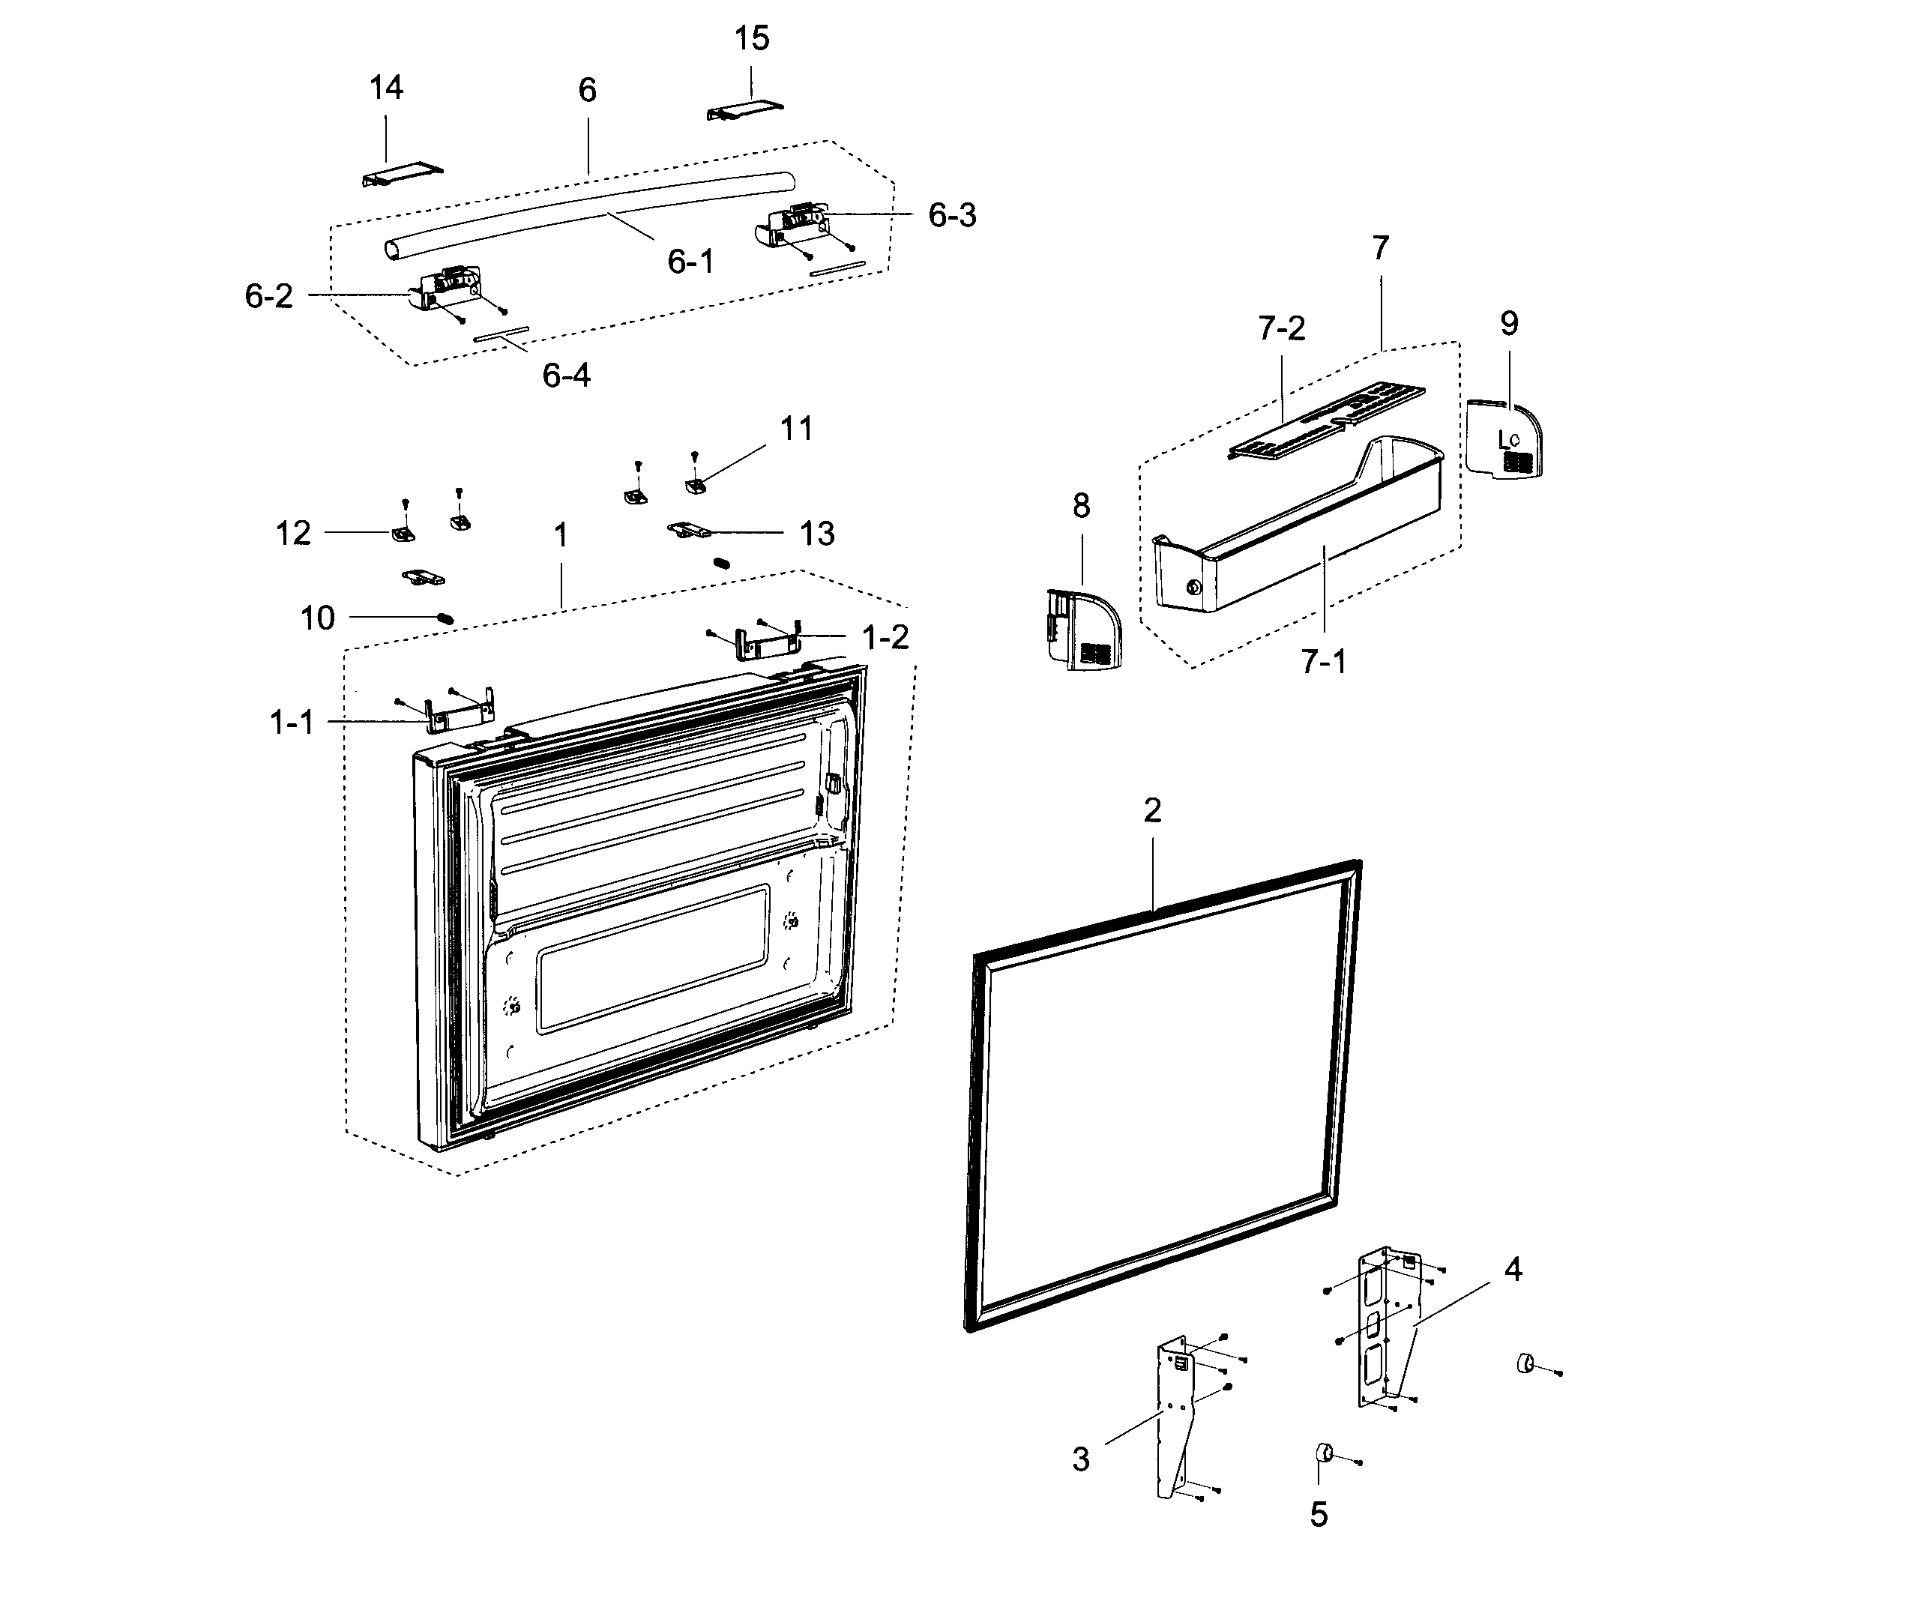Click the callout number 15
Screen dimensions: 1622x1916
coord(751,39)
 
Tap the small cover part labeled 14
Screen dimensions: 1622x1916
coord(402,175)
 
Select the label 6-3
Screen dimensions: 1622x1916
coord(951,215)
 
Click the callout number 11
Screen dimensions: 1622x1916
coord(796,429)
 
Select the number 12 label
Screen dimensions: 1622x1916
coord(293,534)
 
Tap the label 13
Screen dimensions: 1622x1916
coord(816,534)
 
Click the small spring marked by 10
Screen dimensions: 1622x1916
coord(445,618)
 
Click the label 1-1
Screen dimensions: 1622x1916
coord(292,723)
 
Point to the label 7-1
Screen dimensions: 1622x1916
coord(1323,661)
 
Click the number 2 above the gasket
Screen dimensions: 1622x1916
coord(1152,810)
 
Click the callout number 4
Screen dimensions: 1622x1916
coord(1513,1270)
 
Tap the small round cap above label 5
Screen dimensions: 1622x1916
coord(1325,1452)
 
